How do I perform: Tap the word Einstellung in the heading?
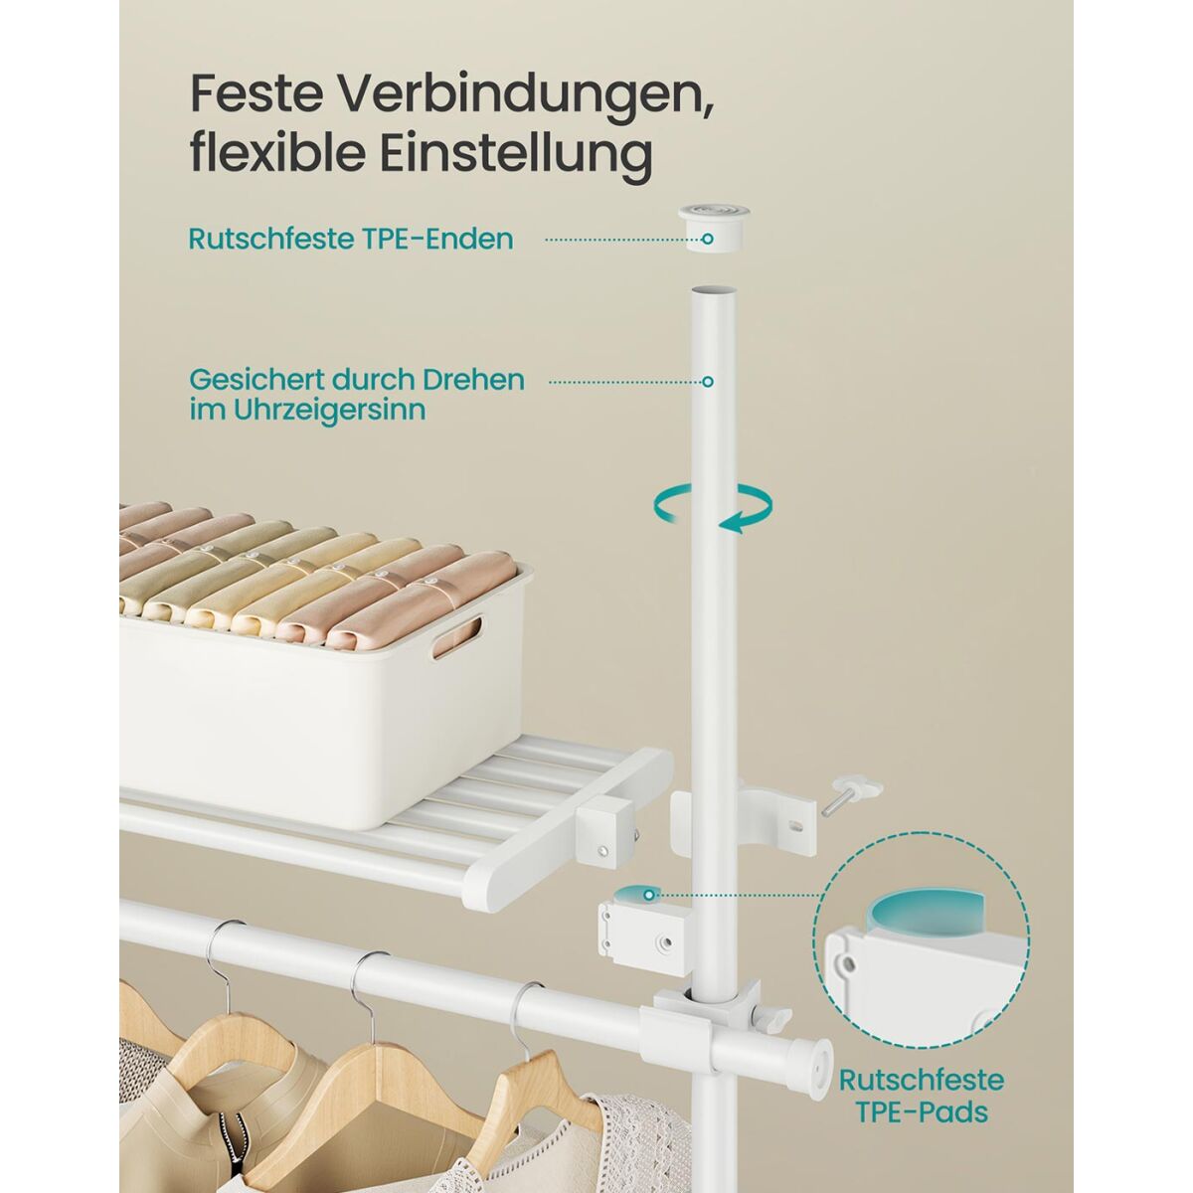click(x=516, y=152)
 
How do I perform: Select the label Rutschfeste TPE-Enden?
click(x=351, y=239)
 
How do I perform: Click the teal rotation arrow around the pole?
click(x=712, y=509)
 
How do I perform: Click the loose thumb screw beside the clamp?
click(x=850, y=796)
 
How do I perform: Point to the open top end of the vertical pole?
click(x=712, y=290)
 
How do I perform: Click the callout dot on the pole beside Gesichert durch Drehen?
click(x=708, y=382)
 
